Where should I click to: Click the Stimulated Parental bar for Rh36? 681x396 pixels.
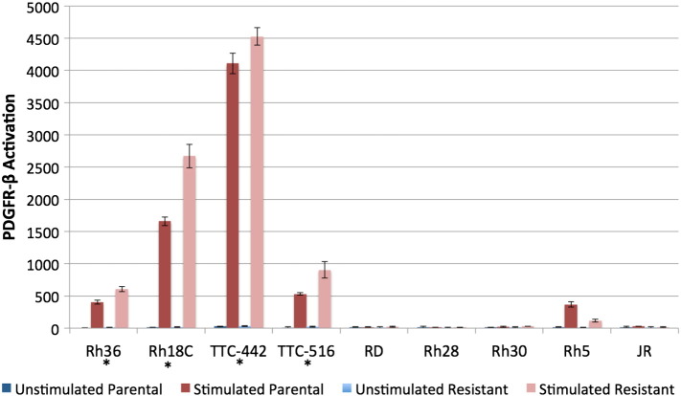[97, 316]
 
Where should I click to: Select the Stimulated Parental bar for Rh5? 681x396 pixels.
[572, 317]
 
